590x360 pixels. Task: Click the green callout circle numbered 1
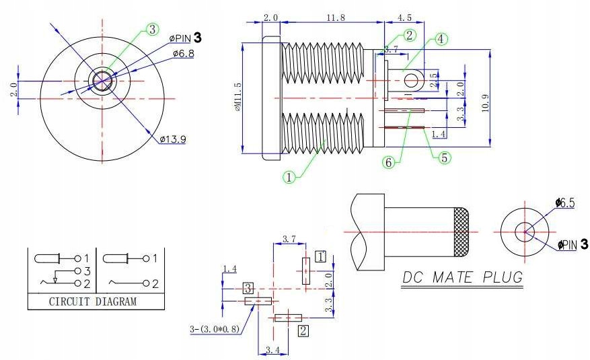289,177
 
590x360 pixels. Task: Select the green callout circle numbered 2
410,35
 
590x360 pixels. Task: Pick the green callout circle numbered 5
445,157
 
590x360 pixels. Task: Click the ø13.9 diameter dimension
173,139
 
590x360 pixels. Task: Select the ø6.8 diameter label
183,52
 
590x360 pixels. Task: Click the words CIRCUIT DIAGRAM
93,301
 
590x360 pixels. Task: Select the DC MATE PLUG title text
462,277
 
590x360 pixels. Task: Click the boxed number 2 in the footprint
303,330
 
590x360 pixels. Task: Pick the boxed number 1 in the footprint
321,256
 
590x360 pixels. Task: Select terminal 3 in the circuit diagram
86,271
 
